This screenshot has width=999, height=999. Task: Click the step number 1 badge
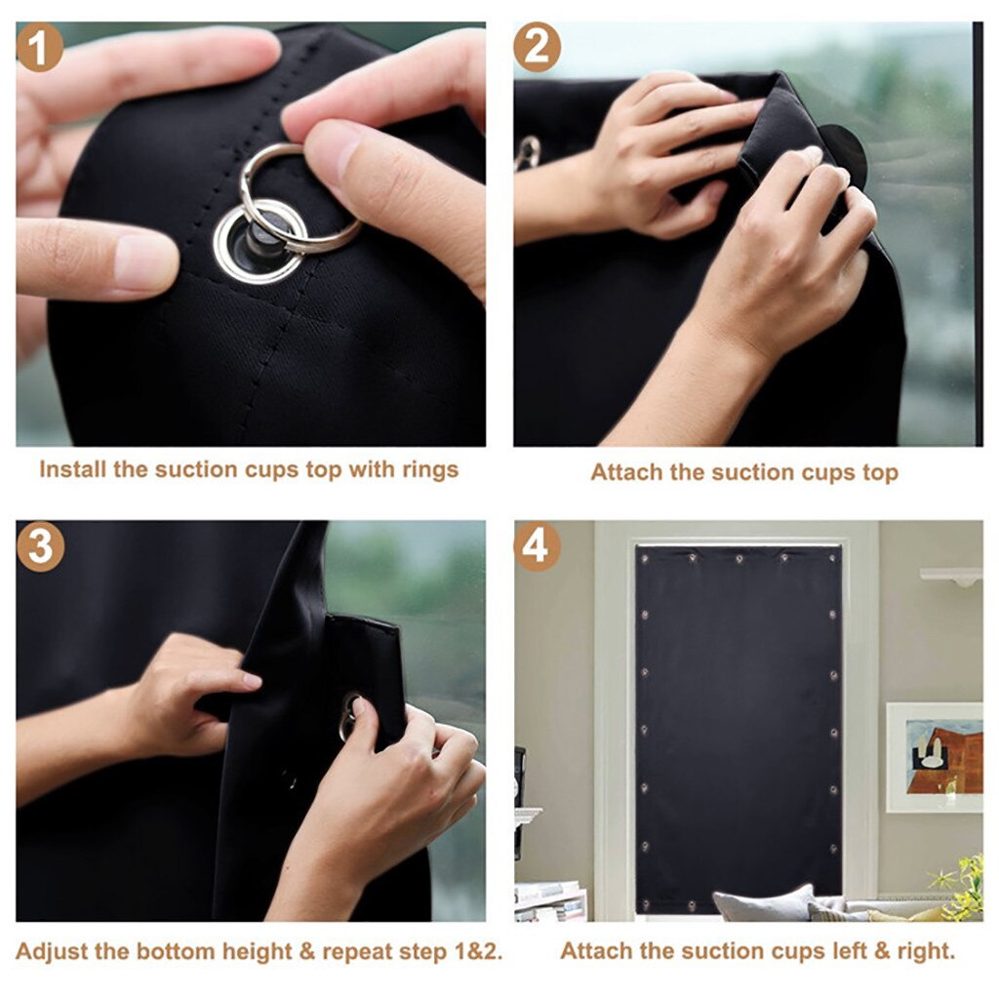click(x=40, y=49)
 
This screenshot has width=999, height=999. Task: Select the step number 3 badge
click(x=40, y=546)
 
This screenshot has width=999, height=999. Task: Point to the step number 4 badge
click(x=537, y=546)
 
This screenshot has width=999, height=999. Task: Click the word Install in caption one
click(x=72, y=469)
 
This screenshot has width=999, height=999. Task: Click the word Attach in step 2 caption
click(x=626, y=473)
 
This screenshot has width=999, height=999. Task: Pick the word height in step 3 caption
click(x=260, y=951)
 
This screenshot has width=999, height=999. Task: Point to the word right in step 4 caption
click(x=925, y=951)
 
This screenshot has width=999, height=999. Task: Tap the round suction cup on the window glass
click(x=843, y=150)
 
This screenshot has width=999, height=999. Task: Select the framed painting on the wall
click(x=934, y=756)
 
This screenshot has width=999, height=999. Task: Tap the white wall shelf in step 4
click(x=951, y=577)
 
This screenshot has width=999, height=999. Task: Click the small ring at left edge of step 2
click(x=528, y=150)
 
